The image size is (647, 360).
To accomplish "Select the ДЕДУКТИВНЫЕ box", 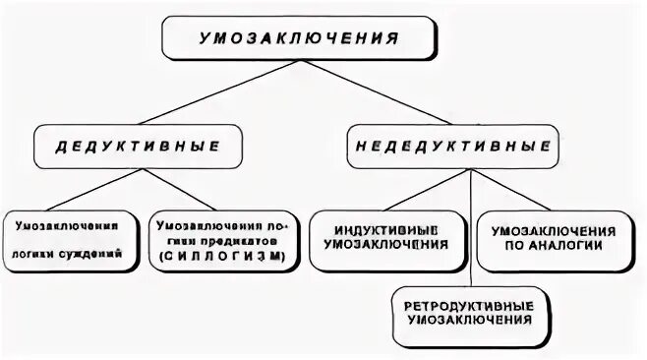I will pos(138,146).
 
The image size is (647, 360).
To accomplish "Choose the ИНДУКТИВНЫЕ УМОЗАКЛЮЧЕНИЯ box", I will pos(388,238).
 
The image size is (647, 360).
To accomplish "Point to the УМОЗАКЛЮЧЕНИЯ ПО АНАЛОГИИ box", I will pos(554,238).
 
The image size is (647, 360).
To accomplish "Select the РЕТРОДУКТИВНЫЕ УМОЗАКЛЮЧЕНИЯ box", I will pos(468,313).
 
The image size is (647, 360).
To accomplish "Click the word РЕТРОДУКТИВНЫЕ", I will pos(468,305).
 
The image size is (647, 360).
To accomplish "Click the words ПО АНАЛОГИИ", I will pos(554,246).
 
